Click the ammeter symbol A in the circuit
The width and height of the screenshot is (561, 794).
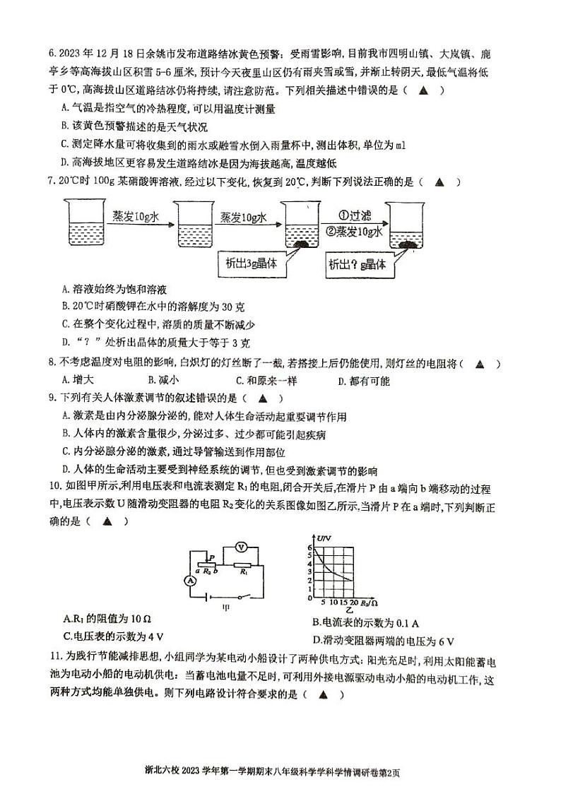click(x=189, y=580)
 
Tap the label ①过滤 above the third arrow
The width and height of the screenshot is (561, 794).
click(x=346, y=217)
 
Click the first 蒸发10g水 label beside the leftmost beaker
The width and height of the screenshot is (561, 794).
click(x=136, y=216)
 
